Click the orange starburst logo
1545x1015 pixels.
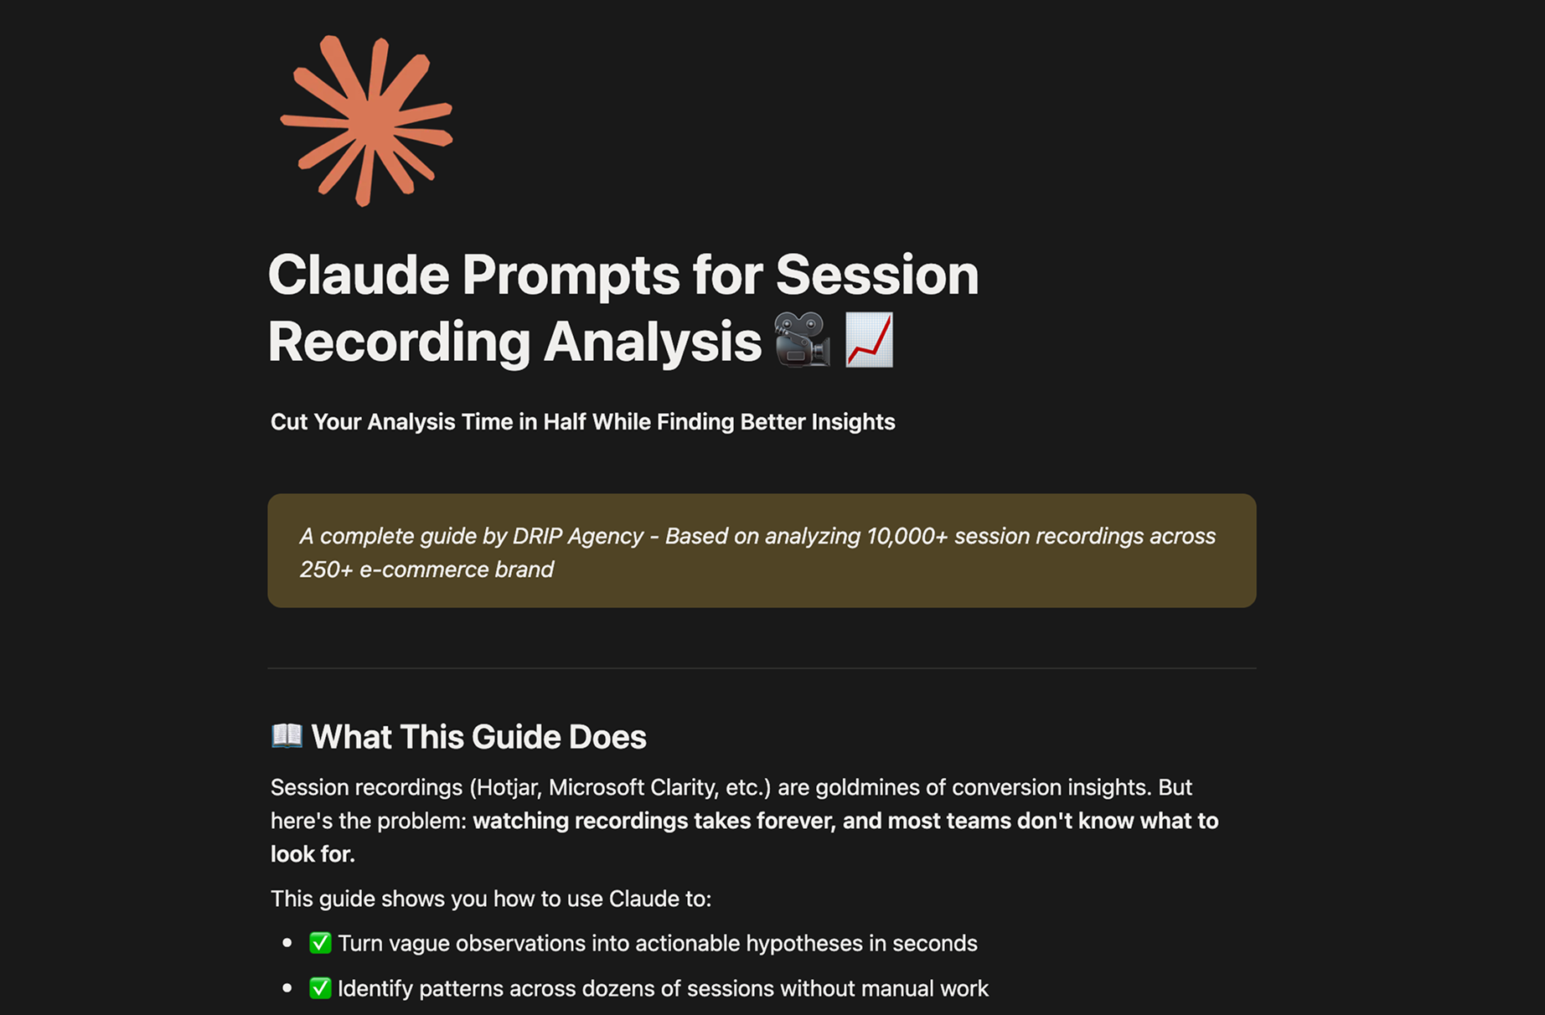click(366, 121)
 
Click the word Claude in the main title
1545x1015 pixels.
click(359, 275)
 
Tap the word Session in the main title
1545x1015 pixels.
click(877, 275)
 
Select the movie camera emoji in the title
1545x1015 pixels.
click(802, 339)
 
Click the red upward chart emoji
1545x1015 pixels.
click(870, 339)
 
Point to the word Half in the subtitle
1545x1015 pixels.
click(565, 421)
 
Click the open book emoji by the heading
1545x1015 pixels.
click(287, 735)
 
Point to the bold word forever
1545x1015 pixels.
click(796, 821)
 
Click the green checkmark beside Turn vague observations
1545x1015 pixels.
click(320, 943)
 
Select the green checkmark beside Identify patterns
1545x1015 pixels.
click(320, 988)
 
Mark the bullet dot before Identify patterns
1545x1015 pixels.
click(287, 988)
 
